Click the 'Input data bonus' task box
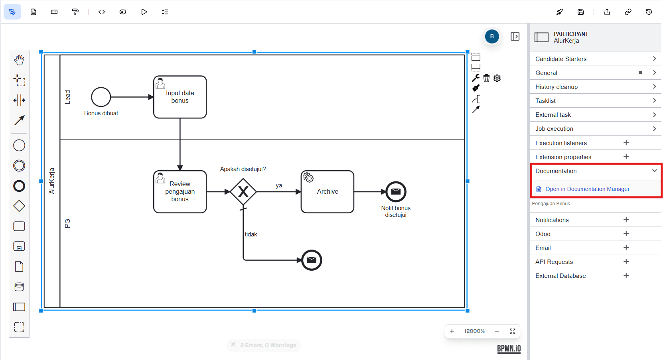(180, 97)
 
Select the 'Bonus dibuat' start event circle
(101, 97)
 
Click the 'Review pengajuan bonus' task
(180, 192)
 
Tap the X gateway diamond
(243, 192)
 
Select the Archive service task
(327, 192)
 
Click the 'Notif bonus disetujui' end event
(396, 192)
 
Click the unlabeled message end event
(312, 260)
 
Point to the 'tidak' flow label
(251, 234)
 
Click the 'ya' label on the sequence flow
(279, 185)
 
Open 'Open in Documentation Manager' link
(587, 189)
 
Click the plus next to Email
(626, 248)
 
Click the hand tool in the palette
(19, 60)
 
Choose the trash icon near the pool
(486, 78)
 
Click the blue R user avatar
(492, 36)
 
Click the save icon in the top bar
(580, 12)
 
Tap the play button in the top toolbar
(144, 12)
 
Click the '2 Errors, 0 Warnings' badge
(264, 345)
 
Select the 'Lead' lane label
(67, 97)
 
